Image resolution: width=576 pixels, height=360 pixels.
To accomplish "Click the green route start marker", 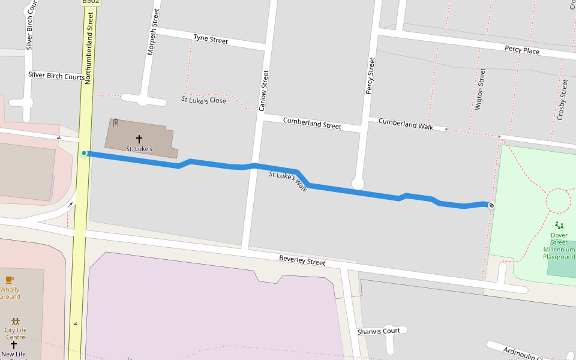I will click(x=84, y=153).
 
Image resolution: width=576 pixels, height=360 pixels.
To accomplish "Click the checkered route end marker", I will click(x=491, y=206).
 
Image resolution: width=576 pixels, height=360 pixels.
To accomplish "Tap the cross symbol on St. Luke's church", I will click(x=139, y=139).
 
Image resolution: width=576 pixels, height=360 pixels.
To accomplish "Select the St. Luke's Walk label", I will click(x=288, y=181).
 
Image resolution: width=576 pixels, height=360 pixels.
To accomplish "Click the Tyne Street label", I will click(x=211, y=39).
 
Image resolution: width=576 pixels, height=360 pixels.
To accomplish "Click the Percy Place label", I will click(x=521, y=50).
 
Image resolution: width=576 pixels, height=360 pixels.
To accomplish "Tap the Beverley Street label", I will click(x=302, y=260).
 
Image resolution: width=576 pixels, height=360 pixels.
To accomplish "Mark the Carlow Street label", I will click(x=263, y=91).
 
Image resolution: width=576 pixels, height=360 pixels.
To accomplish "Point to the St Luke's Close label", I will click(x=204, y=100).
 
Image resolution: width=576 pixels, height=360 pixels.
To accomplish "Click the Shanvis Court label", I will click(x=378, y=331).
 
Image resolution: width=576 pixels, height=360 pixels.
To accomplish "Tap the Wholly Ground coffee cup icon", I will click(x=9, y=280).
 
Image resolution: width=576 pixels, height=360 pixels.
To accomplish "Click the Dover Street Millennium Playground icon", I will click(x=559, y=225).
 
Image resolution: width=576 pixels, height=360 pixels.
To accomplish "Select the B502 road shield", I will click(x=91, y=2).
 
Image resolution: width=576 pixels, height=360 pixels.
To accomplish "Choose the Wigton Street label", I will click(x=479, y=89).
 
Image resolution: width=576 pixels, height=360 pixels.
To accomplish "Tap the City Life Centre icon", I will click(x=15, y=322).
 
